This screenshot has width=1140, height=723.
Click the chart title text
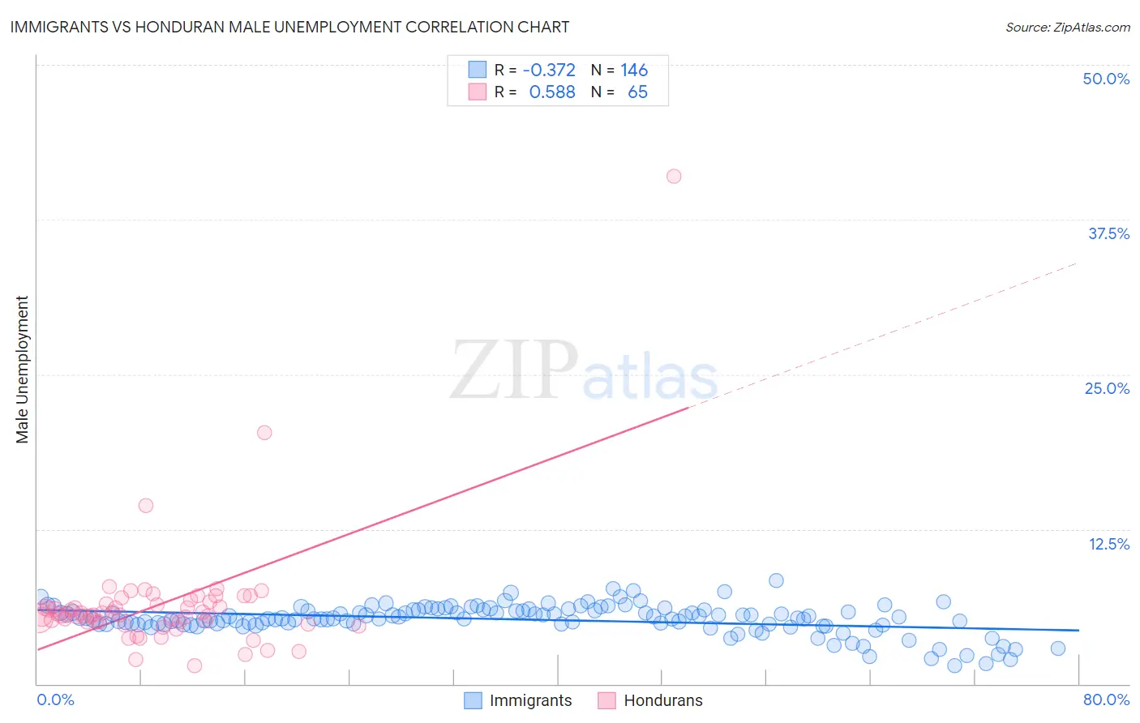pyautogui.click(x=289, y=27)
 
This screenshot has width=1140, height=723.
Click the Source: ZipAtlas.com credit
pyautogui.click(x=1067, y=27)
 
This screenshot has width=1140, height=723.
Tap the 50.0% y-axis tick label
pyautogui.click(x=1106, y=79)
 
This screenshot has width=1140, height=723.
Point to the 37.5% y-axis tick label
pyautogui.click(x=1108, y=233)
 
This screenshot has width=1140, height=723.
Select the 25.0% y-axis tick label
pyautogui.click(x=1107, y=388)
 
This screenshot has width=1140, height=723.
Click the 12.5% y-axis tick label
pyautogui.click(x=1108, y=544)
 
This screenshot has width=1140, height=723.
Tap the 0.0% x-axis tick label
pyautogui.click(x=56, y=699)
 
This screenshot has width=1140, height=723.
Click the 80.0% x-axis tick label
pyautogui.click(x=1106, y=699)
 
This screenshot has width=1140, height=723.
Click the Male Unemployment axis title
pyautogui.click(x=22, y=370)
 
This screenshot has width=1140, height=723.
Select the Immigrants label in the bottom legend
pyautogui.click(x=530, y=700)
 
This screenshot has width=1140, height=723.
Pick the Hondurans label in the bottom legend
pyautogui.click(x=662, y=700)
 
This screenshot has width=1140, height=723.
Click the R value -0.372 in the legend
pyautogui.click(x=549, y=71)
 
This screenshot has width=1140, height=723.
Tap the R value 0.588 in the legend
pyautogui.click(x=551, y=92)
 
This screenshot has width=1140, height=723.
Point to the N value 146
pyautogui.click(x=634, y=71)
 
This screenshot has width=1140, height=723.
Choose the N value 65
pyautogui.click(x=637, y=92)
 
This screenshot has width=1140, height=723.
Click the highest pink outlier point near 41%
pyautogui.click(x=674, y=176)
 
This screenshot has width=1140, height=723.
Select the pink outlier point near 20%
pyautogui.click(x=264, y=432)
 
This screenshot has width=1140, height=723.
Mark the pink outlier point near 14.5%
pyautogui.click(x=146, y=505)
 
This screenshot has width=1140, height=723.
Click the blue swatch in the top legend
pyautogui.click(x=477, y=70)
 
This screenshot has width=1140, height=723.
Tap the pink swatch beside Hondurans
pyautogui.click(x=606, y=700)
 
